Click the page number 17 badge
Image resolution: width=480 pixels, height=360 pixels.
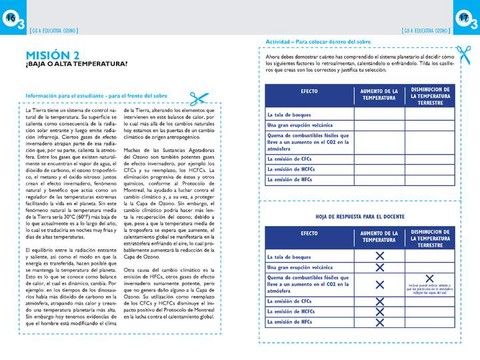click(x=465, y=20)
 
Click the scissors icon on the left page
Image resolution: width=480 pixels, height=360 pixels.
click(x=198, y=98)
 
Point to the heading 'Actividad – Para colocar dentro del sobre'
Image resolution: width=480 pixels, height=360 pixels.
click(x=318, y=41)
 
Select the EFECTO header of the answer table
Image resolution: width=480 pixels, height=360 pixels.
click(x=309, y=235)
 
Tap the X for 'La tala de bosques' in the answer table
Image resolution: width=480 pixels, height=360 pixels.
click(x=379, y=256)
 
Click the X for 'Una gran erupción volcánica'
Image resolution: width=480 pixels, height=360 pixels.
click(x=379, y=267)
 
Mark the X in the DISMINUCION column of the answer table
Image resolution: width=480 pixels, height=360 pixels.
click(x=429, y=279)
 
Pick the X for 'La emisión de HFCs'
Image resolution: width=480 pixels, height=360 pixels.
click(x=379, y=323)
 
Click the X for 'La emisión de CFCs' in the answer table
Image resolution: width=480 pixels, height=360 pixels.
click(x=379, y=301)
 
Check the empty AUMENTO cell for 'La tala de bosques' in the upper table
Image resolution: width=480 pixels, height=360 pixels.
click(x=379, y=114)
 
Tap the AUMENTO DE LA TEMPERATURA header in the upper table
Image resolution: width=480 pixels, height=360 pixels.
click(x=379, y=94)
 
